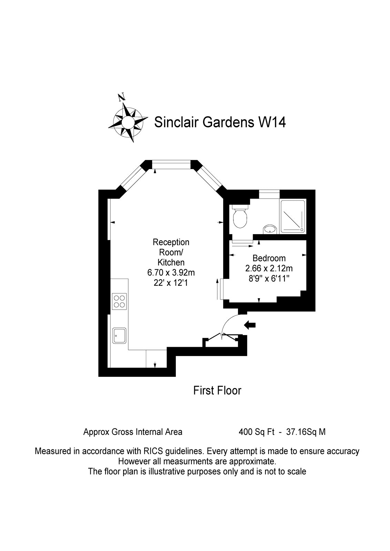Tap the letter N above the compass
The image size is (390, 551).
point(121,97)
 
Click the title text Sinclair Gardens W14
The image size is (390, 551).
point(220,122)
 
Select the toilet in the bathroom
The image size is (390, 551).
point(240,217)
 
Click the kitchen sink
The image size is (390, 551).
point(119,335)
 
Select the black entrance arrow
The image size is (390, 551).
point(250,324)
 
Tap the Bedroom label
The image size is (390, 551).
point(269,258)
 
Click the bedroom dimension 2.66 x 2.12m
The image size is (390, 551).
point(269,268)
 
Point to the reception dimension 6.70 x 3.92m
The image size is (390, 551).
point(171,273)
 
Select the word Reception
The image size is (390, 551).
point(171,242)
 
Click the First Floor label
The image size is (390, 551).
point(217,391)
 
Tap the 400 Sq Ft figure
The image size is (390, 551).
point(257,432)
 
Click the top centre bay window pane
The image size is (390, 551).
point(172,165)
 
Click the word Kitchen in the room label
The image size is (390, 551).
point(171,262)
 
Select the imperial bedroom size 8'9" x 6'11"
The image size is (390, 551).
point(269,278)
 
